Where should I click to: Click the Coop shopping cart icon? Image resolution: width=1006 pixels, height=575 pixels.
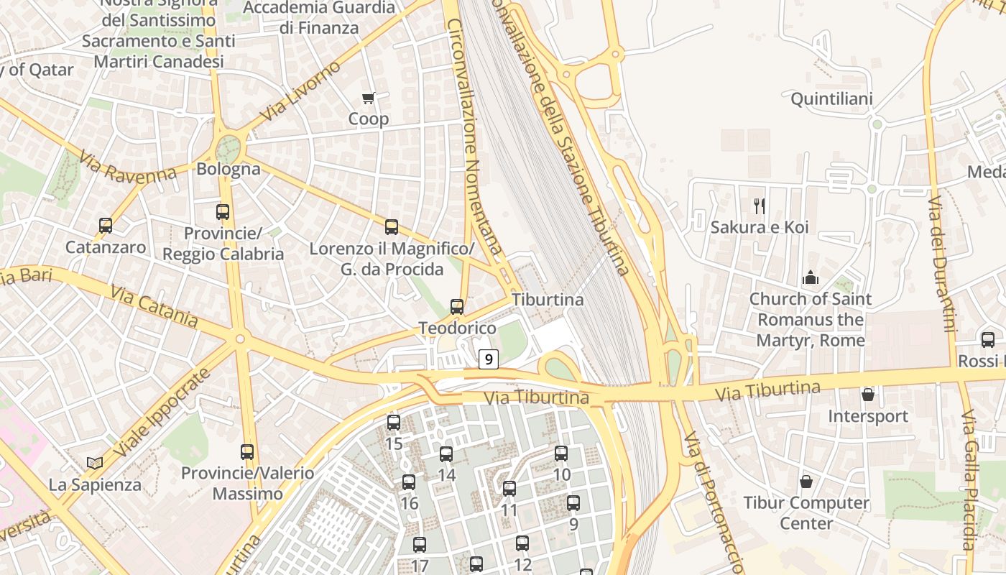click(369, 98)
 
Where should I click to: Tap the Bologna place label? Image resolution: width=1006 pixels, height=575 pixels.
click(229, 170)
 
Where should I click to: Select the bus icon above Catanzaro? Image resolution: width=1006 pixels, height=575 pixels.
click(106, 226)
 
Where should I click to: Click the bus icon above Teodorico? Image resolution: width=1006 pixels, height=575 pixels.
click(457, 307)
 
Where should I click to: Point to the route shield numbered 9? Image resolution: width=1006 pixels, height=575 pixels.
click(489, 359)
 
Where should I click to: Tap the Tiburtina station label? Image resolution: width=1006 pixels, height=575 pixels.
click(548, 299)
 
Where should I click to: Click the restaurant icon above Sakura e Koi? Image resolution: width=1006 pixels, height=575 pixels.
click(759, 206)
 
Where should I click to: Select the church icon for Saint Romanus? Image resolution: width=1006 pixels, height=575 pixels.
click(811, 277)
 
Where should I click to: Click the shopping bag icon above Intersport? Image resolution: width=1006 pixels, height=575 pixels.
click(868, 395)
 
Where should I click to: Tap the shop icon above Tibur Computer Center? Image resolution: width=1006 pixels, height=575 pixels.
click(806, 481)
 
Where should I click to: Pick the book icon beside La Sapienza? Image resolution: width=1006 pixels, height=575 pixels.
click(95, 464)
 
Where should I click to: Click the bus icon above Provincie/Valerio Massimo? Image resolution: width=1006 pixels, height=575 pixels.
click(247, 452)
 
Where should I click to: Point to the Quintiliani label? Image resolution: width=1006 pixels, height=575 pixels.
click(831, 99)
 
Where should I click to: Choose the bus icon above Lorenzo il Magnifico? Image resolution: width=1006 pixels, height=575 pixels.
click(392, 227)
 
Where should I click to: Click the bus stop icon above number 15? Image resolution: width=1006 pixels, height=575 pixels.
click(394, 423)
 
